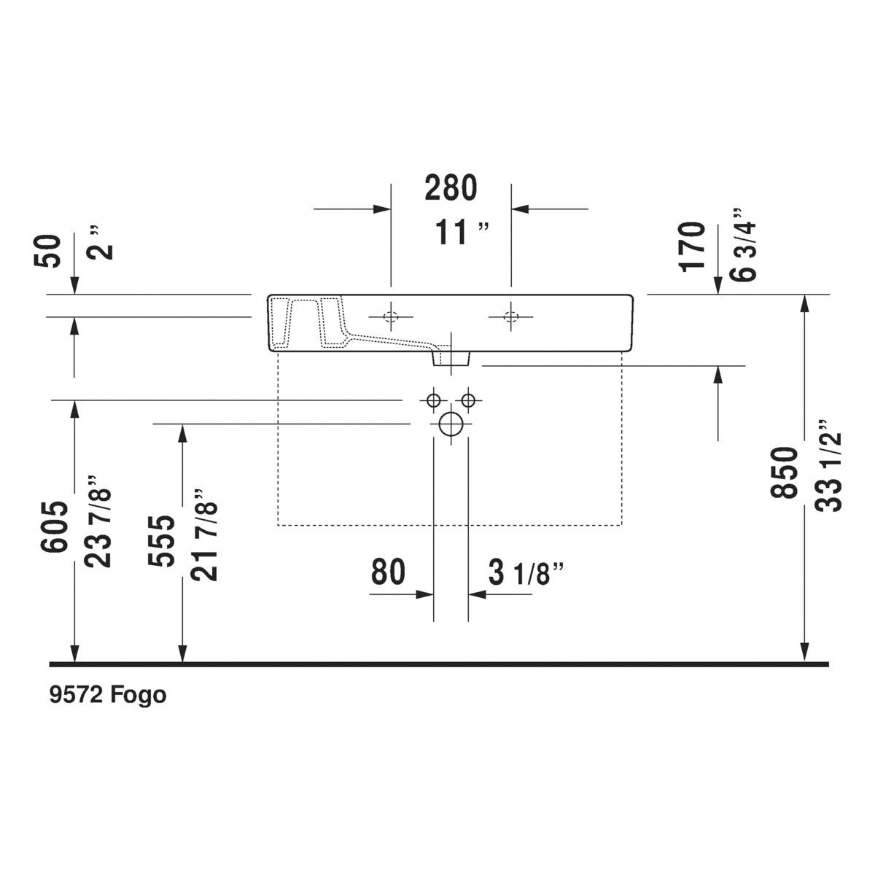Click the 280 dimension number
point(451,188)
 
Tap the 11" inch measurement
point(462,232)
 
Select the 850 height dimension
point(784,472)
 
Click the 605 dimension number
point(54,526)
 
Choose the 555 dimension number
point(161,541)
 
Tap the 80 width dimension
point(388,572)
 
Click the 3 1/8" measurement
point(526,572)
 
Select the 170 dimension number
point(693,246)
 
